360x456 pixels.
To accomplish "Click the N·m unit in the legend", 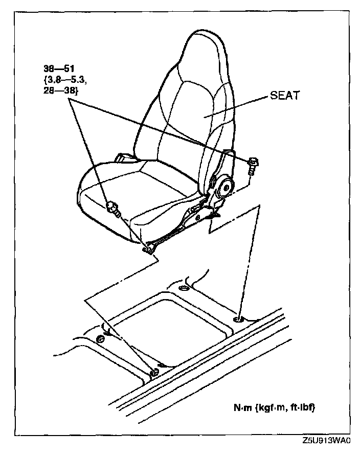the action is [242, 407].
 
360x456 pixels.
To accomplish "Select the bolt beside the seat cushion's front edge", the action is [113, 208].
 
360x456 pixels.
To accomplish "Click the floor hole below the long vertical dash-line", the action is [239, 320].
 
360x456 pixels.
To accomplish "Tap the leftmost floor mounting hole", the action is [100, 338].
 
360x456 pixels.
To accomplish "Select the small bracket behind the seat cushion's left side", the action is [124, 157].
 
